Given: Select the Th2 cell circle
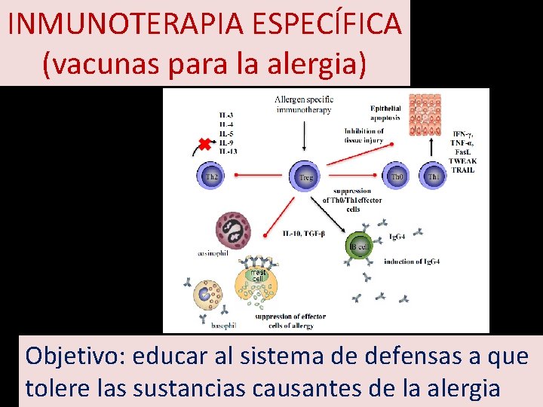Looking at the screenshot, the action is coord(212,176).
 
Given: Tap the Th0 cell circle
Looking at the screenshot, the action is coord(397,176).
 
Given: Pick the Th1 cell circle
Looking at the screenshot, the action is coord(434,176).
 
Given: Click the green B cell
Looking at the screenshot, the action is coord(359,246).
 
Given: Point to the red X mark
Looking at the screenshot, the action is coord(204,144).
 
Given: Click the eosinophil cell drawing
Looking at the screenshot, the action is coord(233,230).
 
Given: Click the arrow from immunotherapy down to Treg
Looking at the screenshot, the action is coord(305,137).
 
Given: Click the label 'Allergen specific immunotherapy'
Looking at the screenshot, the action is coord(304,105).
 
